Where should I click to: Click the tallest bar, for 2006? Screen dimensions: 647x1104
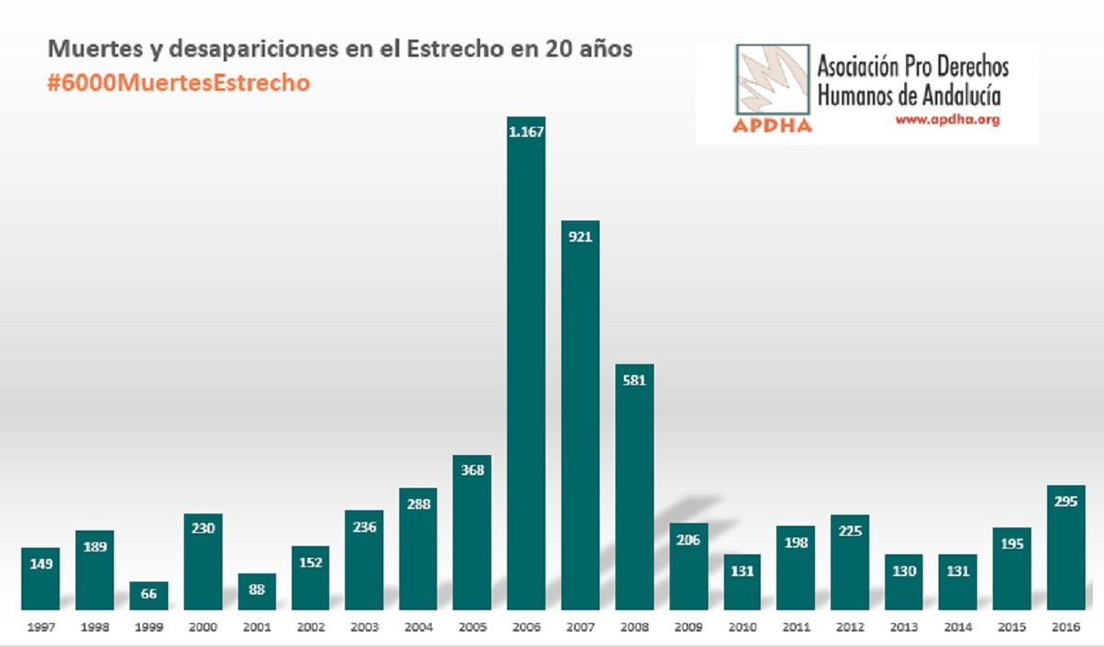526,368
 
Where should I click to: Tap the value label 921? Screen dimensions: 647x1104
580,236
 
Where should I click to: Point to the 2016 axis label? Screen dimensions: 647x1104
1064,628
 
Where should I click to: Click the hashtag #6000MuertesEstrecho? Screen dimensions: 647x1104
178,82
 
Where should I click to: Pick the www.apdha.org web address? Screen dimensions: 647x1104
947,120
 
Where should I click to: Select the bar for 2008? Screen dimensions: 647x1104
634,487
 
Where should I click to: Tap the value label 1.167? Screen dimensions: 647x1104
526,131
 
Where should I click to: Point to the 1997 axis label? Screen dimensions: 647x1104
40,628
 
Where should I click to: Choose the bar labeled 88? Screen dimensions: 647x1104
257,593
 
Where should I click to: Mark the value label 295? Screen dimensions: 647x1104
1064,501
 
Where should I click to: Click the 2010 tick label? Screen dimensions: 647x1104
742,628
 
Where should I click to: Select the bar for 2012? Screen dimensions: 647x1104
849,562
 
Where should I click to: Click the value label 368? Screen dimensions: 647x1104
472,471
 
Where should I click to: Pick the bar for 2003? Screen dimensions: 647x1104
364,561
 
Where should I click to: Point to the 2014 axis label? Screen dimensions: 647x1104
957,628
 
